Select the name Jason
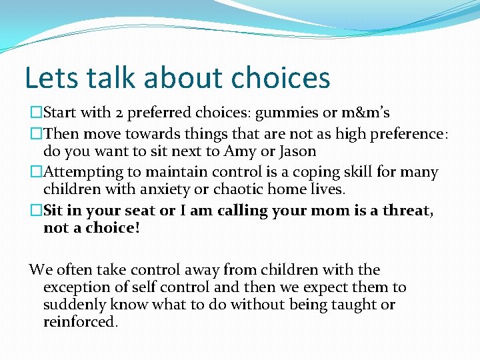click(x=295, y=151)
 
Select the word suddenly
click(x=73, y=305)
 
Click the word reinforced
click(x=80, y=322)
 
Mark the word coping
click(x=323, y=172)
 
